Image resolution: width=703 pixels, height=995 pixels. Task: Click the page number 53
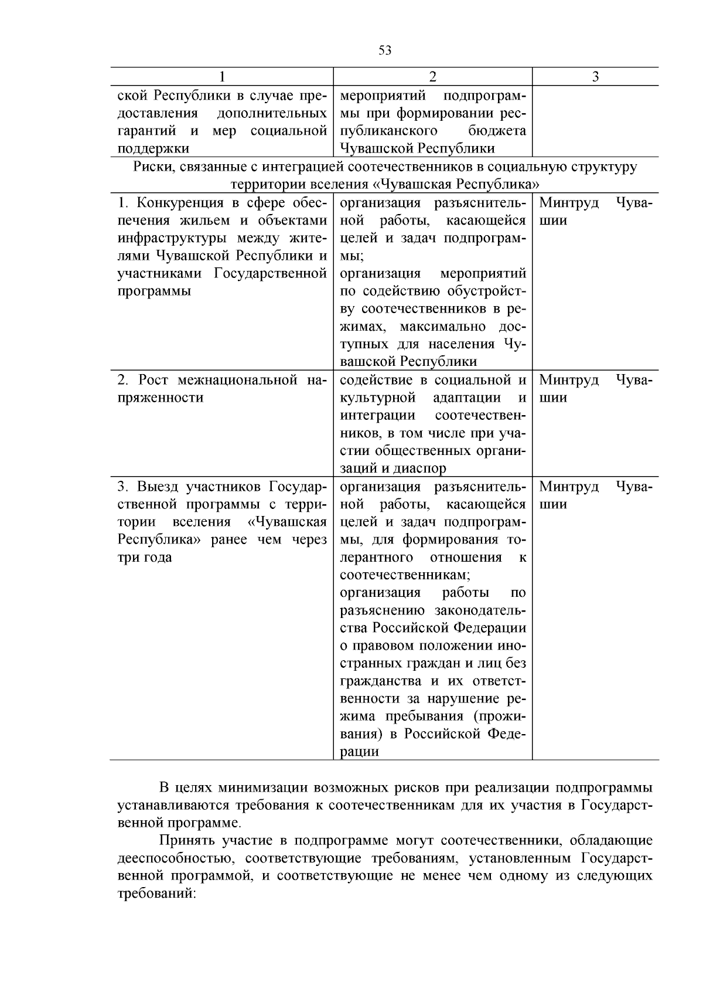(x=385, y=50)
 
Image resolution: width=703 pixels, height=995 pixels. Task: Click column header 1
(x=222, y=77)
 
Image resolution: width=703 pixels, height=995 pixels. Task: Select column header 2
(x=432, y=77)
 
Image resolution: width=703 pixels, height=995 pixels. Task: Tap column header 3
(x=595, y=77)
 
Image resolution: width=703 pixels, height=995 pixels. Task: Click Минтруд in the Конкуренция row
(x=568, y=203)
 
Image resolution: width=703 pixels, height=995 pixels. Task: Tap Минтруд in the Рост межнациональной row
(x=568, y=380)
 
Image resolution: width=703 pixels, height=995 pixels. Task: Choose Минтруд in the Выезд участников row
(x=568, y=487)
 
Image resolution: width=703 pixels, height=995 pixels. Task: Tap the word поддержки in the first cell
(x=153, y=148)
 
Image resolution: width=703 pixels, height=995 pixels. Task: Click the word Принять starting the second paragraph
(x=188, y=841)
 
